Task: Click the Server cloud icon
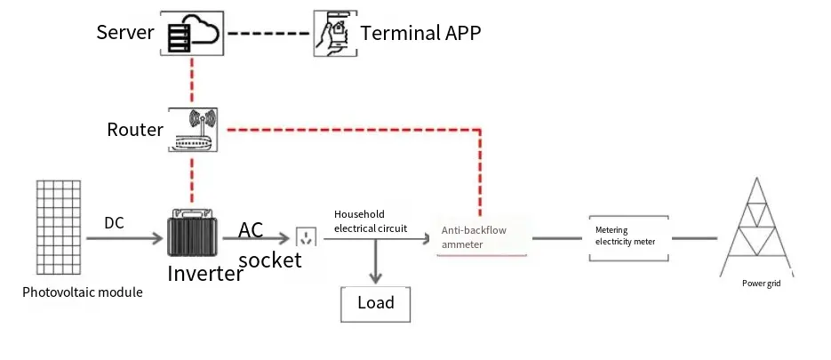[191, 35]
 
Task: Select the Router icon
[192, 130]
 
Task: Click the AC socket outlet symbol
[305, 237]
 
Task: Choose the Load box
[376, 304]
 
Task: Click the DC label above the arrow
[114, 222]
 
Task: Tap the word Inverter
[205, 274]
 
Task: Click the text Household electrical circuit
[371, 221]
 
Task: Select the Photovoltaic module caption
[83, 292]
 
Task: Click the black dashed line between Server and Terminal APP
[269, 34]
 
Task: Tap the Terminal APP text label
[420, 34]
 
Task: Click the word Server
[125, 33]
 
